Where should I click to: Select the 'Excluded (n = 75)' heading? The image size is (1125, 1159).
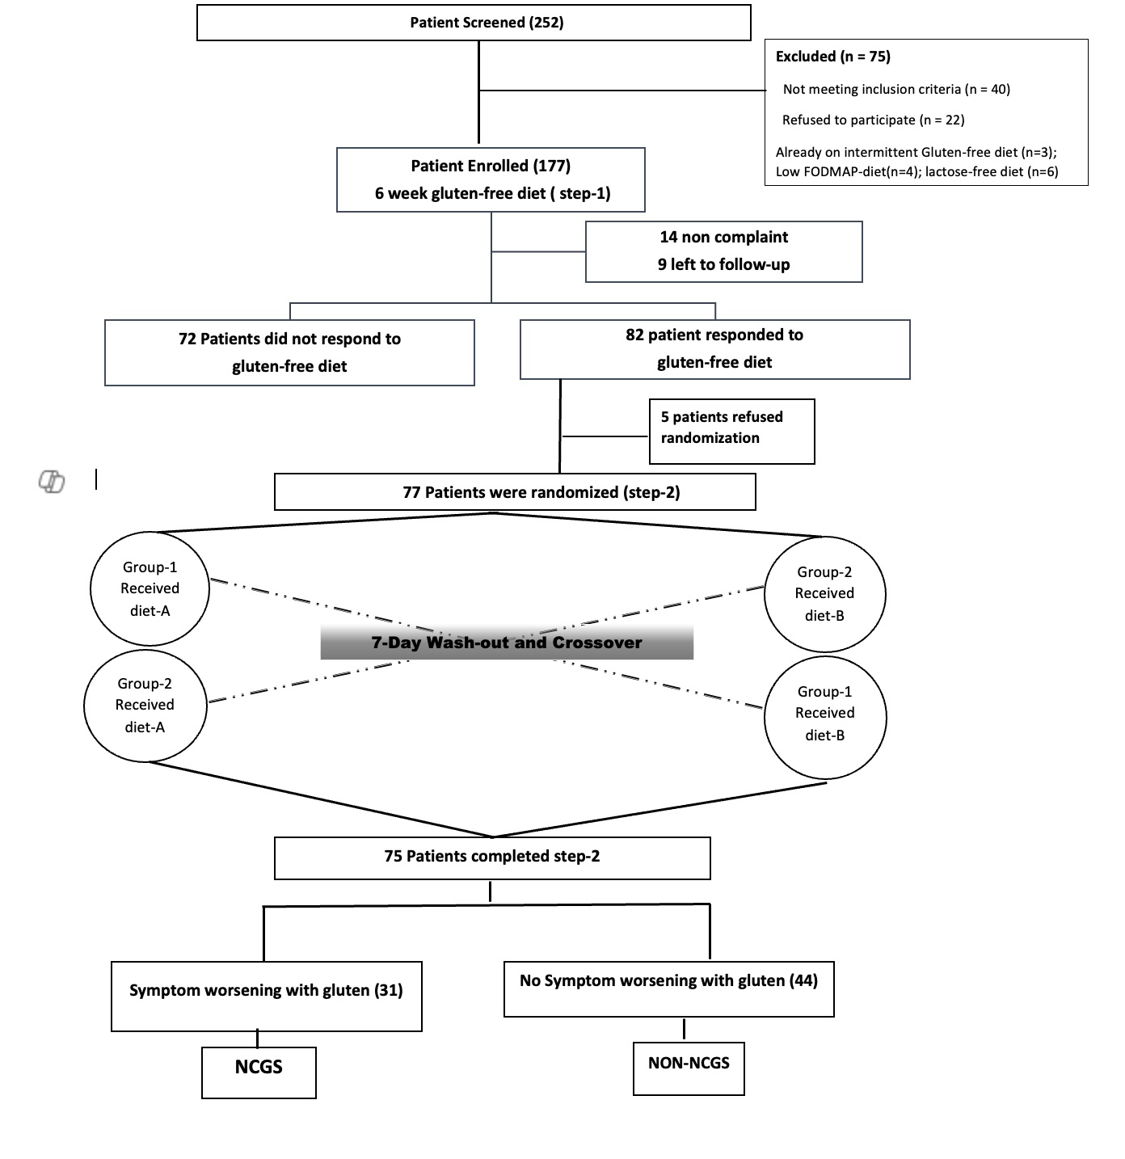[832, 57]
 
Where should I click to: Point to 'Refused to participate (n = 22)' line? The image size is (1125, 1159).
[873, 120]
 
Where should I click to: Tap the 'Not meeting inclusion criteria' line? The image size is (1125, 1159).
[896, 90]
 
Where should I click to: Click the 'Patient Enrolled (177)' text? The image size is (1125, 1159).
[491, 166]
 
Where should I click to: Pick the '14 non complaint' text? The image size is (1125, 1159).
[723, 237]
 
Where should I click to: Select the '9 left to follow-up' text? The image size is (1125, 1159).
[723, 264]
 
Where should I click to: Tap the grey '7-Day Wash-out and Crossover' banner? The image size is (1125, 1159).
[507, 642]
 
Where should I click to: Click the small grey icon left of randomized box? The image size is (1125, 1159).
[52, 481]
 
